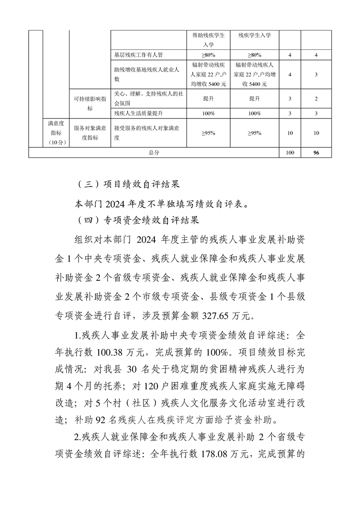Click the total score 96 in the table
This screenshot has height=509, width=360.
click(316, 153)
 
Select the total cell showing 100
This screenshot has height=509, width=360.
click(290, 153)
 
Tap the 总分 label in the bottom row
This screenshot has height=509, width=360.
click(154, 153)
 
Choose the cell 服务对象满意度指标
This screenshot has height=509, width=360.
click(90, 133)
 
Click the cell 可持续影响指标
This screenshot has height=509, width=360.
click(90, 103)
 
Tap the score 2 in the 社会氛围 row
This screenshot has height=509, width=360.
click(316, 98)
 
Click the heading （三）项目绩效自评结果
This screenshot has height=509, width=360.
click(128, 185)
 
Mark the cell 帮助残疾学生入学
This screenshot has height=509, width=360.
click(208, 39)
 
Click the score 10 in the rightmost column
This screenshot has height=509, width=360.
click(316, 133)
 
